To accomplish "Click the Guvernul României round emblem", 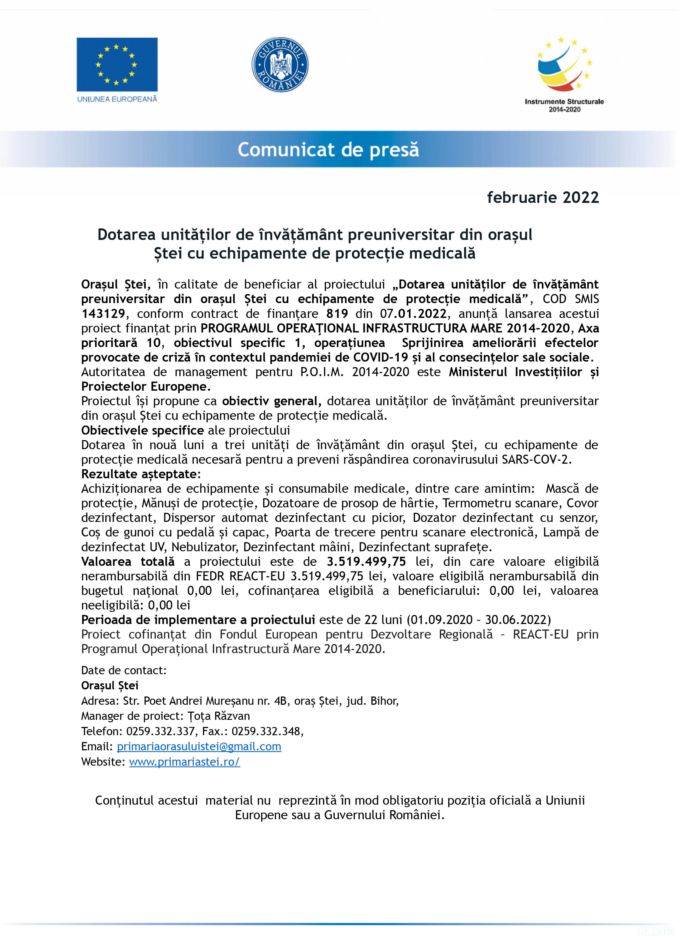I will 280,65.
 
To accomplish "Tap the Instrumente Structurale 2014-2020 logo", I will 564,75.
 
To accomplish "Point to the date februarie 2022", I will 543,197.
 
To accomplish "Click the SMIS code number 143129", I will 103,314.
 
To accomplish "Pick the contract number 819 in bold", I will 337,314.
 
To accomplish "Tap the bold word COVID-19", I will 380,357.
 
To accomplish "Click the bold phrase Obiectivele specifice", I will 142,430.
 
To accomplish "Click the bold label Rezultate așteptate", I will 140,474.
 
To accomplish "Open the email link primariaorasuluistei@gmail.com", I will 199,747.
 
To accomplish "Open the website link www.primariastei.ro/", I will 184,762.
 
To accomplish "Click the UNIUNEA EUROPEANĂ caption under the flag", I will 117,99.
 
